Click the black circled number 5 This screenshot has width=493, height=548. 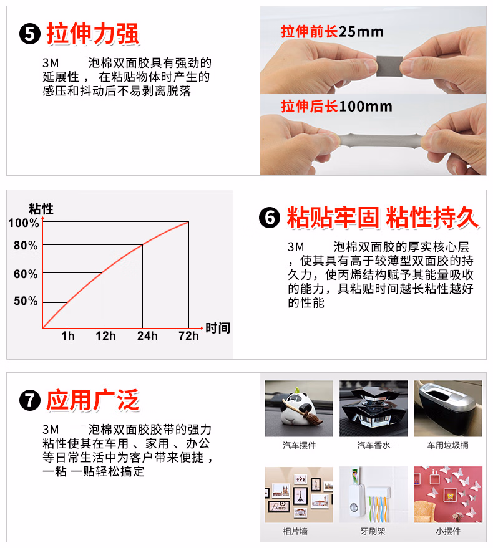pyautogui.click(x=30, y=34)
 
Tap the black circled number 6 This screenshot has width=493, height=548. pyautogui.click(x=270, y=218)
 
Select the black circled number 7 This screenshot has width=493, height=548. pyautogui.click(x=30, y=400)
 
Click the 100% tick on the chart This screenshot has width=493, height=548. pyautogui.click(x=24, y=223)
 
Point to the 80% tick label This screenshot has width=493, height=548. pyautogui.click(x=26, y=246)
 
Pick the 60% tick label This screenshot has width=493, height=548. pyautogui.click(x=26, y=274)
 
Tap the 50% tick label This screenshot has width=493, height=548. pyautogui.click(x=26, y=301)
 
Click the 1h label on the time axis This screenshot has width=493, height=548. pyautogui.click(x=68, y=336)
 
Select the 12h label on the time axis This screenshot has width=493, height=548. pyautogui.click(x=105, y=336)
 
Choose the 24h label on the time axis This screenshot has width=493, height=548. pyautogui.click(x=147, y=336)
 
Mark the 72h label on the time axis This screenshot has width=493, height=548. pyautogui.click(x=188, y=336)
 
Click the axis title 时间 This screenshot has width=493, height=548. pyautogui.click(x=218, y=328)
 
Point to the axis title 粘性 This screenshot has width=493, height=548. pyautogui.click(x=41, y=209)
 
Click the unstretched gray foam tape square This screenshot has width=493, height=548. pyautogui.click(x=389, y=66)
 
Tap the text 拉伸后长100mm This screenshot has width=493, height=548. pyautogui.click(x=336, y=106)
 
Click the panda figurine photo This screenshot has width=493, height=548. pyautogui.click(x=299, y=408)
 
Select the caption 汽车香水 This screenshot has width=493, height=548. pyautogui.click(x=373, y=445)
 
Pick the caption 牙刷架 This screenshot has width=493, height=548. pyautogui.click(x=373, y=531)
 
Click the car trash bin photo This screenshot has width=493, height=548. pyautogui.click(x=448, y=408)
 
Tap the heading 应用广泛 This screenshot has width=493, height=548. pyautogui.click(x=93, y=400)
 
